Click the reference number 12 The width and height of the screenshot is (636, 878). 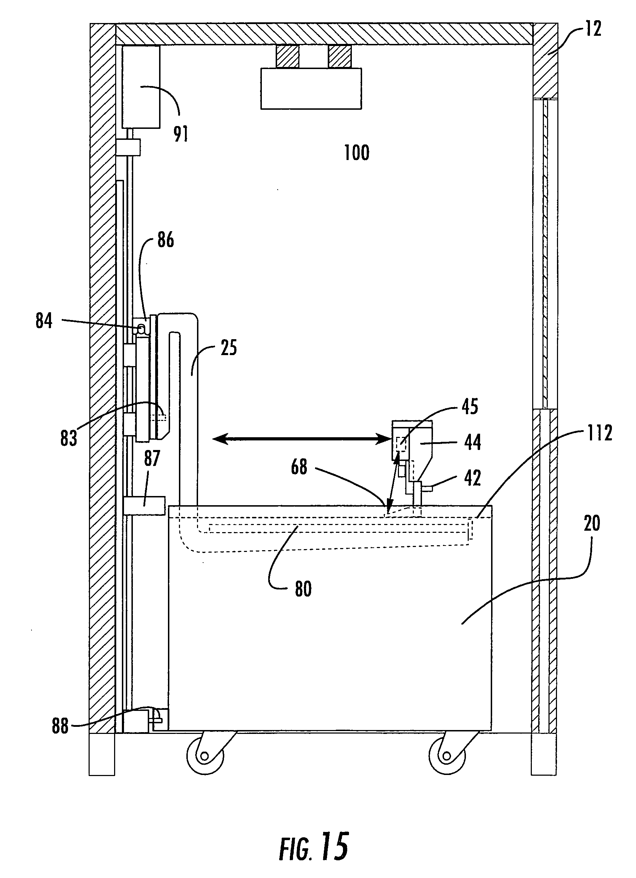pyautogui.click(x=593, y=29)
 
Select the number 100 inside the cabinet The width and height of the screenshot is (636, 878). pyautogui.click(x=357, y=153)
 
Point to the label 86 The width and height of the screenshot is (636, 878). pyautogui.click(x=165, y=240)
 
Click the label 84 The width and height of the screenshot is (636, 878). pyautogui.click(x=44, y=321)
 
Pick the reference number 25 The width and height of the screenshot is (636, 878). pyautogui.click(x=229, y=348)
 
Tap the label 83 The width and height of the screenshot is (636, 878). pyautogui.click(x=68, y=438)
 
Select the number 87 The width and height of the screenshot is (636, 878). pyautogui.click(x=152, y=458)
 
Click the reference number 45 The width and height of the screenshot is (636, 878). pyautogui.click(x=470, y=406)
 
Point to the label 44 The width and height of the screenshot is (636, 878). pyautogui.click(x=473, y=442)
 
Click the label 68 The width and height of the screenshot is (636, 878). pyautogui.click(x=299, y=467)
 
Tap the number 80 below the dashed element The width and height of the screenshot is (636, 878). pyautogui.click(x=303, y=589)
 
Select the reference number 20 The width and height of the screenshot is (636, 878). pyautogui.click(x=591, y=523)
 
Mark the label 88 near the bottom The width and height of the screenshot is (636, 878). pyautogui.click(x=60, y=726)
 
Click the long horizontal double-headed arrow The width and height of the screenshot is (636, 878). pyautogui.click(x=302, y=439)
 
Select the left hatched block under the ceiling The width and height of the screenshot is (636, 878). pyautogui.click(x=287, y=57)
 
